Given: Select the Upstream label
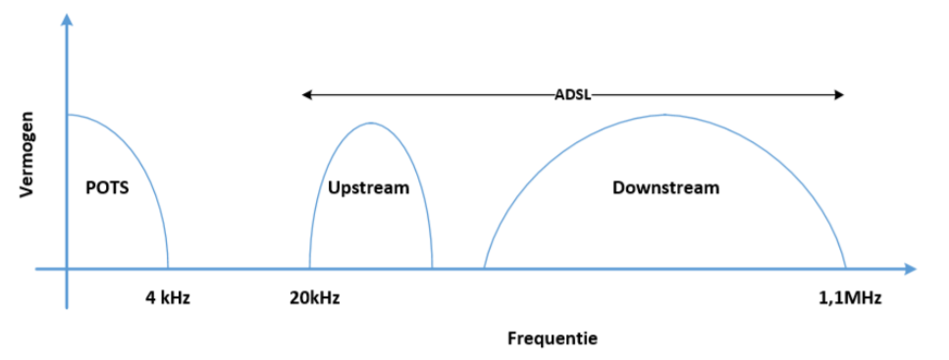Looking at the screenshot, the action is (x=368, y=187).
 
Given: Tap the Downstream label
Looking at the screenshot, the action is (x=665, y=187).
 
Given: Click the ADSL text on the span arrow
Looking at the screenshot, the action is (x=571, y=95).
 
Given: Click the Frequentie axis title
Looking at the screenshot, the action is (x=553, y=339).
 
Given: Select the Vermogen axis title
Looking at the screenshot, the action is (x=28, y=157).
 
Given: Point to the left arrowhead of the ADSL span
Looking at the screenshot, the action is (x=306, y=95).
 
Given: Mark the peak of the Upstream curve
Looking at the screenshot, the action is (x=370, y=123).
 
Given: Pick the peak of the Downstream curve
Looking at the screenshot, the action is (x=664, y=115).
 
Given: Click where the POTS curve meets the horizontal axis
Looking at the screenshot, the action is (x=168, y=268).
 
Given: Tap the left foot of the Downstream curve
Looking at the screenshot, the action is (x=484, y=268).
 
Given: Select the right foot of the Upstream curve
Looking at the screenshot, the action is (x=432, y=268).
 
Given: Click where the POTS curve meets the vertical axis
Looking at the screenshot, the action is (x=67, y=115).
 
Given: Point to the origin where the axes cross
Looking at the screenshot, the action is (x=67, y=268).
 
